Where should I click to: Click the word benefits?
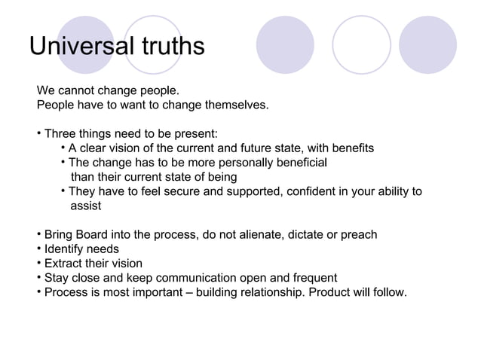click(351, 148)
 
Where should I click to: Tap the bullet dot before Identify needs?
click(38, 249)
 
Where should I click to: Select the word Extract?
click(64, 263)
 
